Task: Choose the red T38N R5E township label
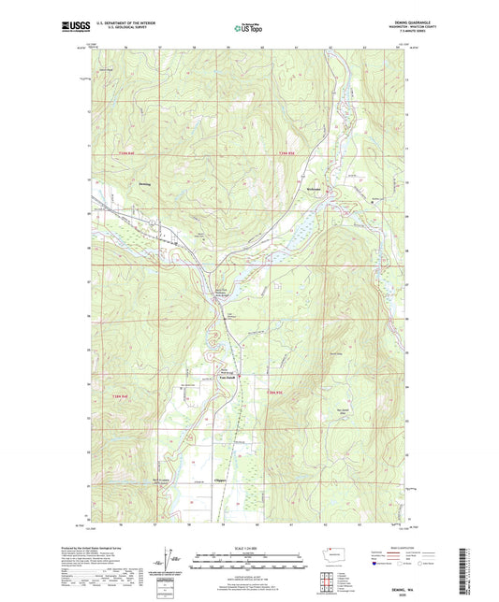click(x=272, y=393)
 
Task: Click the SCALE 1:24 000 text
click(x=249, y=548)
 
